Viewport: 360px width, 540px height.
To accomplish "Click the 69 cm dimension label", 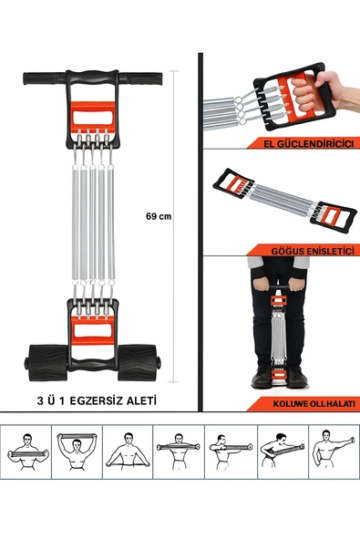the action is [x=159, y=216].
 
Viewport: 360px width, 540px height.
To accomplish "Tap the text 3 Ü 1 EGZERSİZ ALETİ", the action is [x=97, y=400].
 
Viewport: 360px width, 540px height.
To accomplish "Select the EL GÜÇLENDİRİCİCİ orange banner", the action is [x=303, y=143].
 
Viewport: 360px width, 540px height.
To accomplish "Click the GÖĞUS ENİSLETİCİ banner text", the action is [x=313, y=251].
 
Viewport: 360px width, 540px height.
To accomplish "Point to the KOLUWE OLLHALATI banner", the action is [x=303, y=403].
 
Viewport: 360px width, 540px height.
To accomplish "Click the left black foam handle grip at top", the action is [x=45, y=78].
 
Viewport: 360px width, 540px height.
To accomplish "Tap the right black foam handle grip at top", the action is [x=140, y=78].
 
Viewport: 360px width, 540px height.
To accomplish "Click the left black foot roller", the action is [x=47, y=363].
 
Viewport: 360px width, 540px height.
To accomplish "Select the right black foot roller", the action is [x=139, y=363].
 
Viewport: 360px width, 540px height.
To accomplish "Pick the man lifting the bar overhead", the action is [x=77, y=452].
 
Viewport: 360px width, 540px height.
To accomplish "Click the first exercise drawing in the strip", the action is [x=27, y=452].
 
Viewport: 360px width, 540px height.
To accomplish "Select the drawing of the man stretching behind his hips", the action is [x=128, y=452].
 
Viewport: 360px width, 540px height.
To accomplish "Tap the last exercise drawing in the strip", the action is [x=333, y=451].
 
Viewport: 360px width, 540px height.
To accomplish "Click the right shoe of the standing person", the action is [x=296, y=377].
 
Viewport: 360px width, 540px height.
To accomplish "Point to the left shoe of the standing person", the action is [x=262, y=377].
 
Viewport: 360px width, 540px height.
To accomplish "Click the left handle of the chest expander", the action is [x=232, y=183].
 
